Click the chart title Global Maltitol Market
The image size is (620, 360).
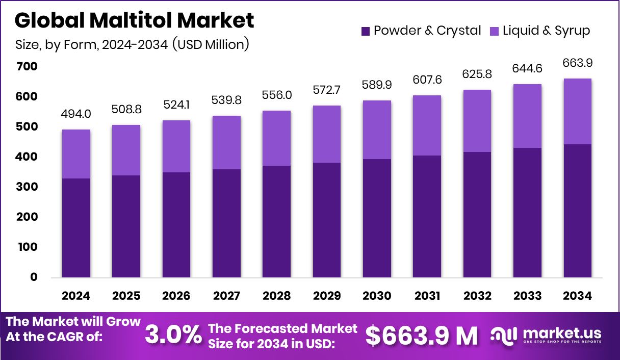(x=134, y=20)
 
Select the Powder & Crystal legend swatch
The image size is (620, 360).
(x=365, y=31)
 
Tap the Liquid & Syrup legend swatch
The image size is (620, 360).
(x=494, y=31)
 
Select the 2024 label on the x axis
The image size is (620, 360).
(x=76, y=296)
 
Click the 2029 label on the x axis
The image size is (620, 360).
(x=327, y=296)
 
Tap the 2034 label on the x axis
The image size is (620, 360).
(x=577, y=296)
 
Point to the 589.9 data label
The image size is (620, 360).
(x=377, y=85)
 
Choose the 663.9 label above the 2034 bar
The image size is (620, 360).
(x=577, y=63)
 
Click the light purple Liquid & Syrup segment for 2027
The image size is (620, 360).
(x=226, y=142)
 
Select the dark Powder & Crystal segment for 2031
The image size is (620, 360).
(x=427, y=217)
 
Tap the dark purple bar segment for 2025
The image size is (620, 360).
(x=126, y=226)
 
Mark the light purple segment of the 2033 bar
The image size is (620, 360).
(x=527, y=116)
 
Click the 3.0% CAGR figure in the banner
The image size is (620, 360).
(x=173, y=335)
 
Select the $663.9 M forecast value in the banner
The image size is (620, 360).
(x=422, y=335)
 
